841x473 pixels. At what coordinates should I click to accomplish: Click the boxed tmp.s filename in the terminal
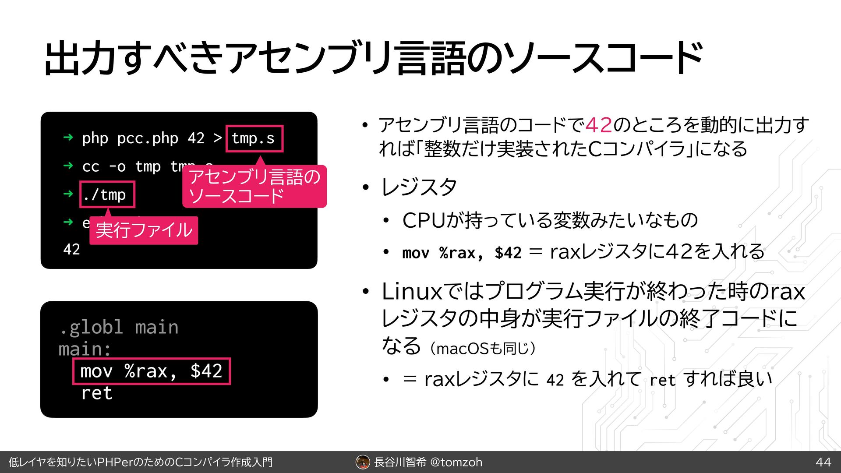[254, 138]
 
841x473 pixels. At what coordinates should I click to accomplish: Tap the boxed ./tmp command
[107, 194]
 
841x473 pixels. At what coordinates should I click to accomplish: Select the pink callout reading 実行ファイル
[144, 230]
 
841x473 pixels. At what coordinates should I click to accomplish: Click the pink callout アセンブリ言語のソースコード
[254, 187]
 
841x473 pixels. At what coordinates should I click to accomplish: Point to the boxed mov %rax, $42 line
[152, 371]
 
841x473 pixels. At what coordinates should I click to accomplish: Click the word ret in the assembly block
[97, 393]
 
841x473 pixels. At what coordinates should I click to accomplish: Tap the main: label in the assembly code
[85, 349]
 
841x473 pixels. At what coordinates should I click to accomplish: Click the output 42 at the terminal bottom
[71, 249]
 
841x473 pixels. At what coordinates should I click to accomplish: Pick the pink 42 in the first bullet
[599, 125]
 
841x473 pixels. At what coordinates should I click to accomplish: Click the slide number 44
[823, 462]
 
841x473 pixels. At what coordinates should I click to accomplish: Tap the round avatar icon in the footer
[363, 462]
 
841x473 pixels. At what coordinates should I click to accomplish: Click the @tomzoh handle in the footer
[456, 462]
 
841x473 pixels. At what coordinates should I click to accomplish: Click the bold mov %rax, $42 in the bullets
[462, 253]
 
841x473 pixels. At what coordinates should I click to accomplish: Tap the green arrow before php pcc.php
[68, 138]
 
